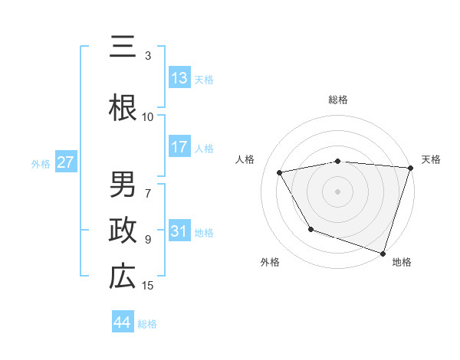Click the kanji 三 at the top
pyautogui.click(x=123, y=47)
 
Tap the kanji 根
pyautogui.click(x=123, y=108)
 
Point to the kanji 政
pyautogui.click(x=123, y=231)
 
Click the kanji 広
pyautogui.click(x=123, y=277)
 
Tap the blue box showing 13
pyautogui.click(x=179, y=77)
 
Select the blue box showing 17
pyautogui.click(x=179, y=147)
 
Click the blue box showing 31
pyautogui.click(x=179, y=232)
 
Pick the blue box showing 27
pyautogui.click(x=65, y=162)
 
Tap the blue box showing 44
pyautogui.click(x=123, y=322)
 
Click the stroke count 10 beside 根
pyautogui.click(x=148, y=116)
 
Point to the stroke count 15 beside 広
pyautogui.click(x=148, y=286)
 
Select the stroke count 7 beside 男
pyautogui.click(x=148, y=186)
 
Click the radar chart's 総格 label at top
pyautogui.click(x=338, y=100)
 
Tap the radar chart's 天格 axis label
pyautogui.click(x=432, y=159)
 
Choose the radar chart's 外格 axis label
pyautogui.click(x=270, y=262)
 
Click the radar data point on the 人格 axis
pyautogui.click(x=280, y=172)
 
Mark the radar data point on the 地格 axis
pyautogui.click(x=383, y=253)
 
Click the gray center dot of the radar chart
pyautogui.click(x=338, y=191)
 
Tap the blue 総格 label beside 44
pyautogui.click(x=147, y=323)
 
